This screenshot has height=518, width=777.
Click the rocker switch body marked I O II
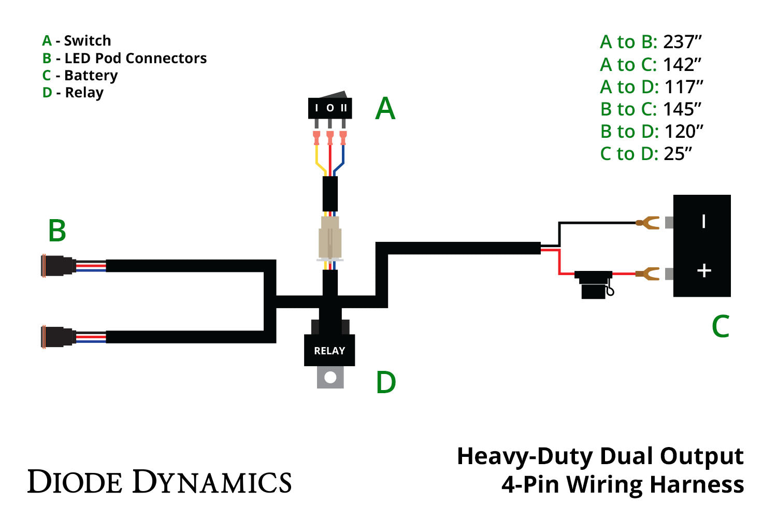click(x=330, y=108)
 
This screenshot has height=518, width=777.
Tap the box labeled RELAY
click(x=329, y=351)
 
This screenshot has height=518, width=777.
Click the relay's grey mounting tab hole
click(x=330, y=378)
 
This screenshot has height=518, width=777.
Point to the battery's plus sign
click(x=703, y=270)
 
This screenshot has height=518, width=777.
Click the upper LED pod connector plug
click(x=59, y=266)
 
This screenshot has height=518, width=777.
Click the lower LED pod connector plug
click(x=59, y=337)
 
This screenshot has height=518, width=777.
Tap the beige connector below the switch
click(x=330, y=238)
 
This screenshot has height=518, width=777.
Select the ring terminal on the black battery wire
click(x=648, y=223)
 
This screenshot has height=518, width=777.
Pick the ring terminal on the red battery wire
click(x=648, y=274)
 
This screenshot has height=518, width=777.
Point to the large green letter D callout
click(x=386, y=382)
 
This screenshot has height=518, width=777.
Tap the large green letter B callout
click(x=57, y=231)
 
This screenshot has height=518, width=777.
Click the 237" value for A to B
click(x=682, y=42)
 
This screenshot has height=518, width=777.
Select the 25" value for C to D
click(x=678, y=154)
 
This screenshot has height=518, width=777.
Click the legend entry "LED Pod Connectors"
click(x=135, y=58)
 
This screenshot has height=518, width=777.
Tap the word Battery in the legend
click(x=91, y=76)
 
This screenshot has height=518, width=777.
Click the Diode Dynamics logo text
click(x=160, y=482)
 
